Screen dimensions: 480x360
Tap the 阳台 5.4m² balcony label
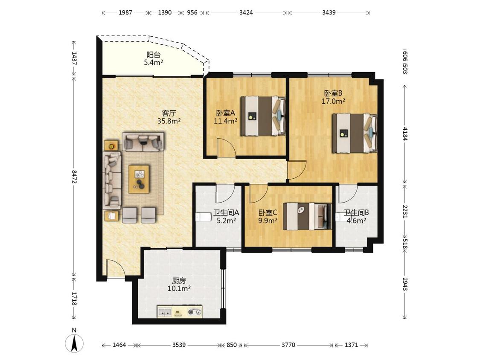pos(153,59)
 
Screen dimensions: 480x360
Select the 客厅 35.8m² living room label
pos(169,117)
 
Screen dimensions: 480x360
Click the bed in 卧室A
pos(263,116)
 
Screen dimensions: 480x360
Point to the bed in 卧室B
pos(355,133)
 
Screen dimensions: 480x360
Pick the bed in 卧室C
pos(307,216)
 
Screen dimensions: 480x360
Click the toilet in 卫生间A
pos(203,217)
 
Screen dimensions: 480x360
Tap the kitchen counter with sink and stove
pos(180,311)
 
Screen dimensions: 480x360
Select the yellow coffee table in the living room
pos(139,180)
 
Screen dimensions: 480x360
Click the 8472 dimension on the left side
pos(74,177)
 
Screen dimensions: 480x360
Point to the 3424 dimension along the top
pos(246,12)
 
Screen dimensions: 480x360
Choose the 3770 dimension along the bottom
pos(288,345)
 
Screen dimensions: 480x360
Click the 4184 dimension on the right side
pos(405,134)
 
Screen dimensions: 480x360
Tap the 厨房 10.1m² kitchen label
pos(179,285)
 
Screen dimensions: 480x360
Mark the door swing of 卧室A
pos(226,148)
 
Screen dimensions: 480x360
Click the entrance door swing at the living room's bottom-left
pos(115,270)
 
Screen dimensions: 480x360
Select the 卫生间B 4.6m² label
pos(356,216)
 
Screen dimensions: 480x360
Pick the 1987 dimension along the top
pos(125,12)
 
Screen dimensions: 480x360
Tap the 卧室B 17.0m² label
pos(333,97)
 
